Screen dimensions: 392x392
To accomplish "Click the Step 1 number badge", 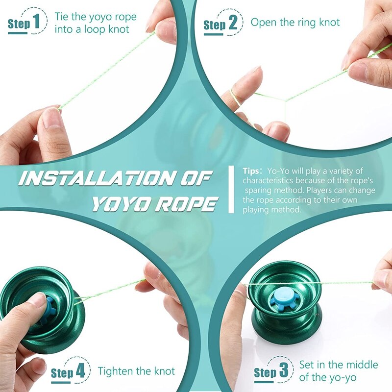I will [37, 23].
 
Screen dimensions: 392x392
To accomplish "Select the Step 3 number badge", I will [283, 371].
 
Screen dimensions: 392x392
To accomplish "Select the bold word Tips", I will [252, 171].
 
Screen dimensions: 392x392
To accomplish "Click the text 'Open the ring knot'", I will [295, 22].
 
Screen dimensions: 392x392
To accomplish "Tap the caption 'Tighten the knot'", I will [136, 371].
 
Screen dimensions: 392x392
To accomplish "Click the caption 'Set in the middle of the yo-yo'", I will [338, 371].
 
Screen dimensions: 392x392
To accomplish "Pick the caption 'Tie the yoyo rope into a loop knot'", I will [95, 23].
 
